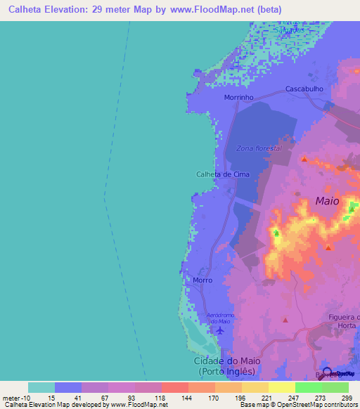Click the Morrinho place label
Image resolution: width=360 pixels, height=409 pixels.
238,98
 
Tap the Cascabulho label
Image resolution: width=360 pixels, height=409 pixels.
304,89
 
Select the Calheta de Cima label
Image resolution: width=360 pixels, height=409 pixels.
223,174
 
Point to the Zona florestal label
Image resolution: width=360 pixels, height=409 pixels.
259,148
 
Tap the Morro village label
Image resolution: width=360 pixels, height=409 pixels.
202,280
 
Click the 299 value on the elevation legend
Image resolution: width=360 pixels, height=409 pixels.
346,398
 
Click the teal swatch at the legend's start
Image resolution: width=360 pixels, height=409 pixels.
41,387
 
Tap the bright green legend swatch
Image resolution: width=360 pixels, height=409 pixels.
309,387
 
